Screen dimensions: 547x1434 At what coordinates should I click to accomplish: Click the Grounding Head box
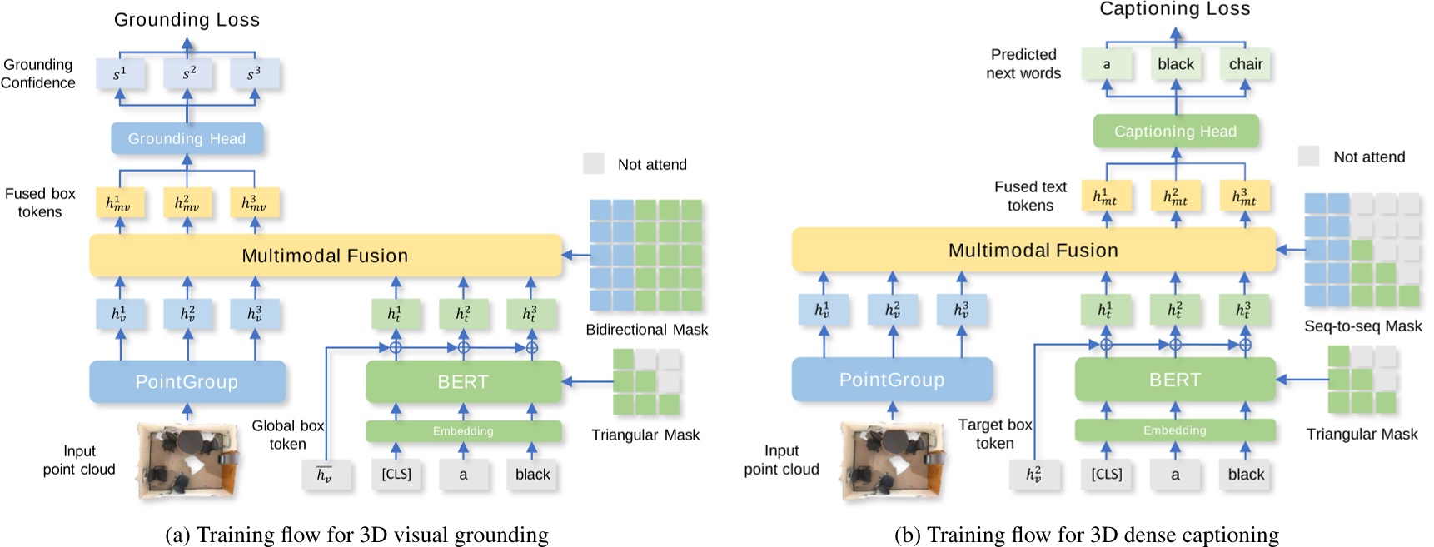(x=187, y=138)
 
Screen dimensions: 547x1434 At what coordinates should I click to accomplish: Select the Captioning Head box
(x=1175, y=132)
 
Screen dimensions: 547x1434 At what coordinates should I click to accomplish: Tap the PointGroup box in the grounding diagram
(x=187, y=382)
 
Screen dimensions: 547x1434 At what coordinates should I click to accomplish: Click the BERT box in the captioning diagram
(x=1175, y=380)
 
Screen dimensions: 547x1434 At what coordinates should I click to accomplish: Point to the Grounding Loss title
(x=187, y=20)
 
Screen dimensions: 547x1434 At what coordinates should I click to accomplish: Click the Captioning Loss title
(x=1174, y=10)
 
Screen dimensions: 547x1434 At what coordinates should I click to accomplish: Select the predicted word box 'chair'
(x=1245, y=64)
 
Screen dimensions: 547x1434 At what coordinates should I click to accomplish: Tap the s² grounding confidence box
(x=188, y=74)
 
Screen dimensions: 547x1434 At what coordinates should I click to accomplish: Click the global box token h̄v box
(x=324, y=475)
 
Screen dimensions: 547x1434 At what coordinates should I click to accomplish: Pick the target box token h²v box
(x=1033, y=475)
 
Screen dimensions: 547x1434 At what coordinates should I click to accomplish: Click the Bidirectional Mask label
(x=646, y=330)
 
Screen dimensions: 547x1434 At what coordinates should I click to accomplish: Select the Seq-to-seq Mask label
(x=1362, y=326)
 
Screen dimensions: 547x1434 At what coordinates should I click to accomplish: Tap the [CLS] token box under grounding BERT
(x=396, y=475)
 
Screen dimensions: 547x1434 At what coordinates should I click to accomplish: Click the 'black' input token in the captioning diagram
(x=1245, y=475)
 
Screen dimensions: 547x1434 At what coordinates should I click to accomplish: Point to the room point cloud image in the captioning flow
(x=892, y=460)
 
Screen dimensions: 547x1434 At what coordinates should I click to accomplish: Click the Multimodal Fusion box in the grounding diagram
(x=325, y=256)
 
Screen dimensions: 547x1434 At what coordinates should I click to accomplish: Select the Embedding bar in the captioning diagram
(x=1174, y=430)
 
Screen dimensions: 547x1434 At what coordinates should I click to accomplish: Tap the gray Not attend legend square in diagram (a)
(x=593, y=163)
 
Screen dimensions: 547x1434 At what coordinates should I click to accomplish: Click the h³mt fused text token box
(x=1243, y=197)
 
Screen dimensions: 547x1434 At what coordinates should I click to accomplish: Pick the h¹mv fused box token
(x=118, y=203)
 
